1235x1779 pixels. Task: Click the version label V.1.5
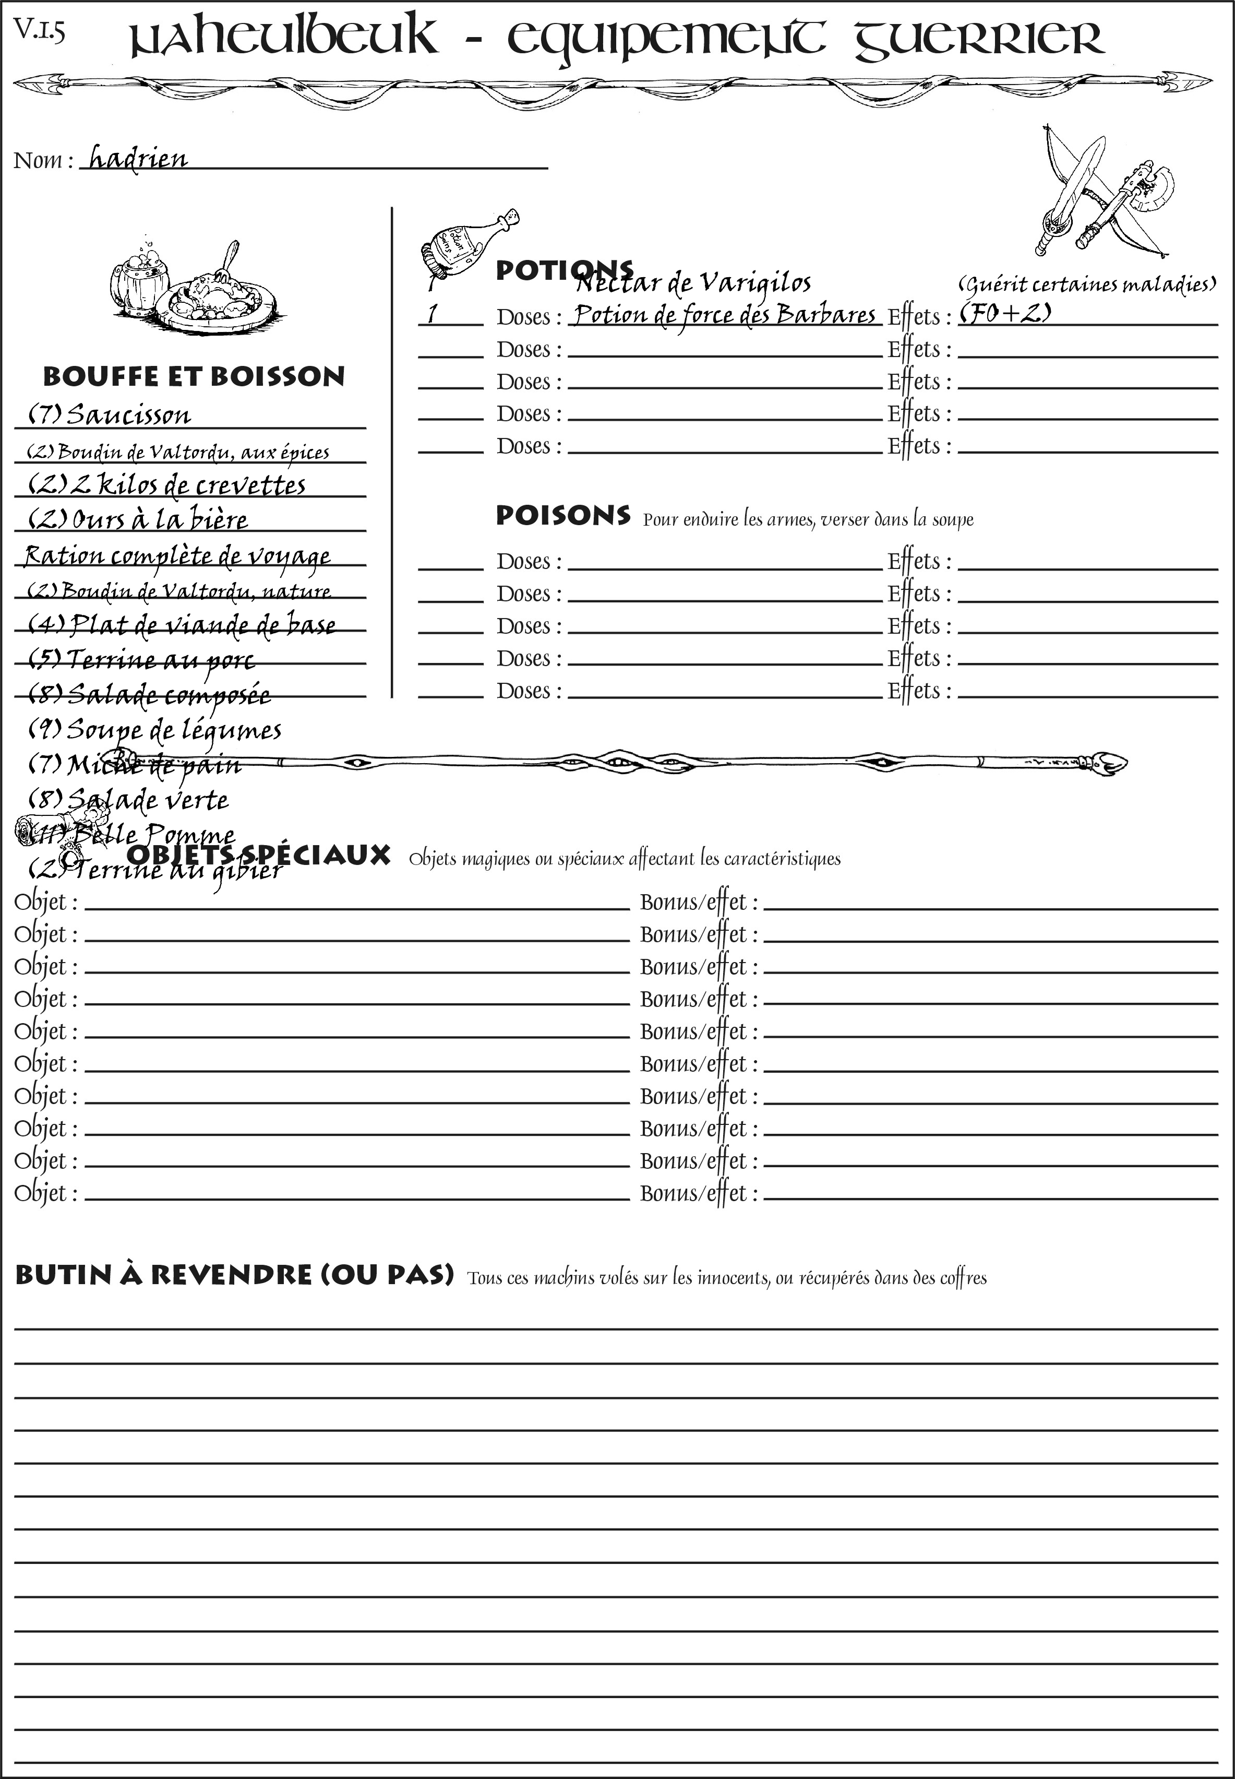(x=39, y=31)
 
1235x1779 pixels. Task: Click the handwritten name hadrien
(x=138, y=159)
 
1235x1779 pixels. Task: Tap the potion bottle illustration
(x=466, y=243)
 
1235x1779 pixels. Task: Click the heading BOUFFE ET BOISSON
(x=194, y=377)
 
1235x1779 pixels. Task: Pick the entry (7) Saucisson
(x=109, y=415)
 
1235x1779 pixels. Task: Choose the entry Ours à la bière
(x=138, y=519)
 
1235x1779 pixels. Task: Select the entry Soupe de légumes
(x=155, y=730)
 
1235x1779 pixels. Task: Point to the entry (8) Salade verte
(x=128, y=799)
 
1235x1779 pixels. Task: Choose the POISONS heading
(x=562, y=516)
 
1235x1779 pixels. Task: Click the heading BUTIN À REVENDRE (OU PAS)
(x=234, y=1274)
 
